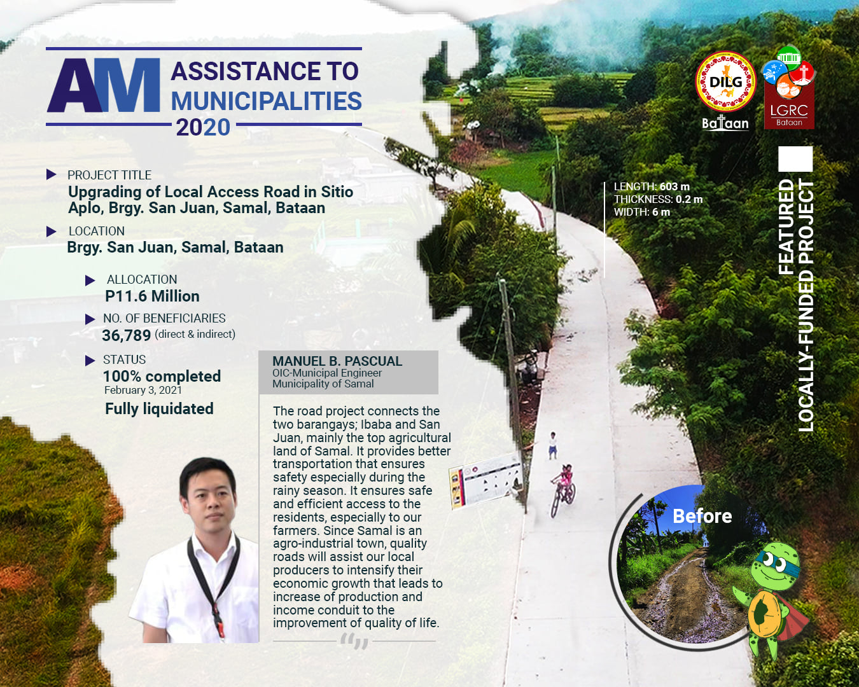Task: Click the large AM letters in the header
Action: [104, 85]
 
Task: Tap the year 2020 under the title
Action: [203, 127]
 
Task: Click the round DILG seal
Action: [725, 82]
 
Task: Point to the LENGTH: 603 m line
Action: [652, 186]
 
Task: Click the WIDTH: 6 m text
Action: [642, 212]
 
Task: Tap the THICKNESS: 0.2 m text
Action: [658, 199]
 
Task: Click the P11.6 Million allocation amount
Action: [152, 296]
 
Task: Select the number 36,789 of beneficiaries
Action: [126, 335]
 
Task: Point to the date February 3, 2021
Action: [143, 390]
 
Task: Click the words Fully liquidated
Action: [159, 409]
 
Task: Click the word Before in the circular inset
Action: [702, 516]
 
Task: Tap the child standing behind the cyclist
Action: [552, 445]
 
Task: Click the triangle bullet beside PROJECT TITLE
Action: [51, 174]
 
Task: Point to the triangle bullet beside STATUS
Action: [90, 361]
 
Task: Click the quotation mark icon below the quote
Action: [354, 642]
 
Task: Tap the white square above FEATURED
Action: [795, 158]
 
